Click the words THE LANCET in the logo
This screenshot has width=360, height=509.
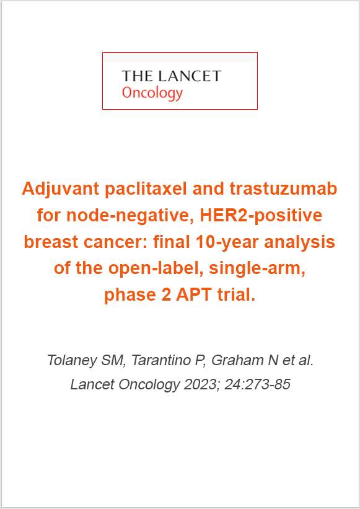click(172, 76)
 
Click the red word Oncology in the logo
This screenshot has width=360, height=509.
click(152, 94)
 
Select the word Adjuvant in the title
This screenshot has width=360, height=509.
click(61, 190)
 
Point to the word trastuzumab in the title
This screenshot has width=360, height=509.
click(283, 189)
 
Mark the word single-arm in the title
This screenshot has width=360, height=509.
click(257, 269)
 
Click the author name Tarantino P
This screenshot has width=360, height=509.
click(169, 361)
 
